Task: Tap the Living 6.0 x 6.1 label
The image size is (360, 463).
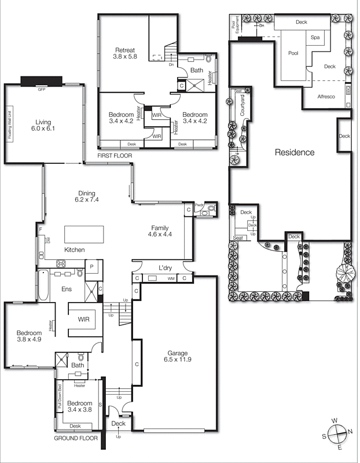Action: [43, 126]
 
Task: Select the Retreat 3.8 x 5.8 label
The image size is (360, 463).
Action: [126, 53]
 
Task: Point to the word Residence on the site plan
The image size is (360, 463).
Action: [294, 153]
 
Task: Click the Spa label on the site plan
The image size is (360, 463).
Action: [315, 38]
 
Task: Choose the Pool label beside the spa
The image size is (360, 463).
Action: [293, 53]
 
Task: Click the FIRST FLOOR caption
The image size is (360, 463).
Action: [115, 156]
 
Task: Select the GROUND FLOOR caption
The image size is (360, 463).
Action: [75, 439]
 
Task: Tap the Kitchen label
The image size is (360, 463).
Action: [75, 249]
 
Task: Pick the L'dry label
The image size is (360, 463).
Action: [166, 268]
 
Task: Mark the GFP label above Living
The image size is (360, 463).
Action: [41, 90]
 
